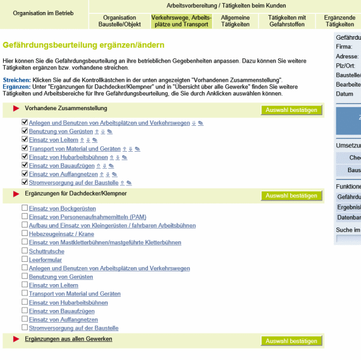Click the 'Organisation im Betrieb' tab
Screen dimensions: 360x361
[44, 12]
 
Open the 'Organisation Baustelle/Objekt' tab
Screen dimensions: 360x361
[119, 21]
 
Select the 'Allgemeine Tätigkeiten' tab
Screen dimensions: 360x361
[235, 21]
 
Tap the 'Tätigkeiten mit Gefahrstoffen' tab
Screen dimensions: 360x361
[287, 21]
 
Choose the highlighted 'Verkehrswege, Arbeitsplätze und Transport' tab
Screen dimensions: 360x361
[181, 21]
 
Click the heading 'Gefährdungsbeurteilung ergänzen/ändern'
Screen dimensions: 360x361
[84, 45]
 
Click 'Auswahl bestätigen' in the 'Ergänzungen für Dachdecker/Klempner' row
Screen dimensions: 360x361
[291, 196]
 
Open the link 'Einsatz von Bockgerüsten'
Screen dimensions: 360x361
[62, 208]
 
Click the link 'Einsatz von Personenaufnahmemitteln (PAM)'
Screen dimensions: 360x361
[87, 217]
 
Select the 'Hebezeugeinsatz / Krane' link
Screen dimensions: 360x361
[61, 234]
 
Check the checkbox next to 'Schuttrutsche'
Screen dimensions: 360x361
[25, 250]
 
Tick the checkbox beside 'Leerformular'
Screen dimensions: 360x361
[25, 259]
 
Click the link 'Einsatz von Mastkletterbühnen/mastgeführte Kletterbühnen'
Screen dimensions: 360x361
[105, 242]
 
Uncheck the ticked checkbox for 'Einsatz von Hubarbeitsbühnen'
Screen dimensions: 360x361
[25, 157]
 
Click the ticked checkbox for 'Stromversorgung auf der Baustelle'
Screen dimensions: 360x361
[25, 182]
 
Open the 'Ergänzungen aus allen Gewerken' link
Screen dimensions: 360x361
[69, 339]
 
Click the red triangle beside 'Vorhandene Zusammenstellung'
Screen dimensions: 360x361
[16, 109]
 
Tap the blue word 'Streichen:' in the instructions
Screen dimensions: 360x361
[16, 80]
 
